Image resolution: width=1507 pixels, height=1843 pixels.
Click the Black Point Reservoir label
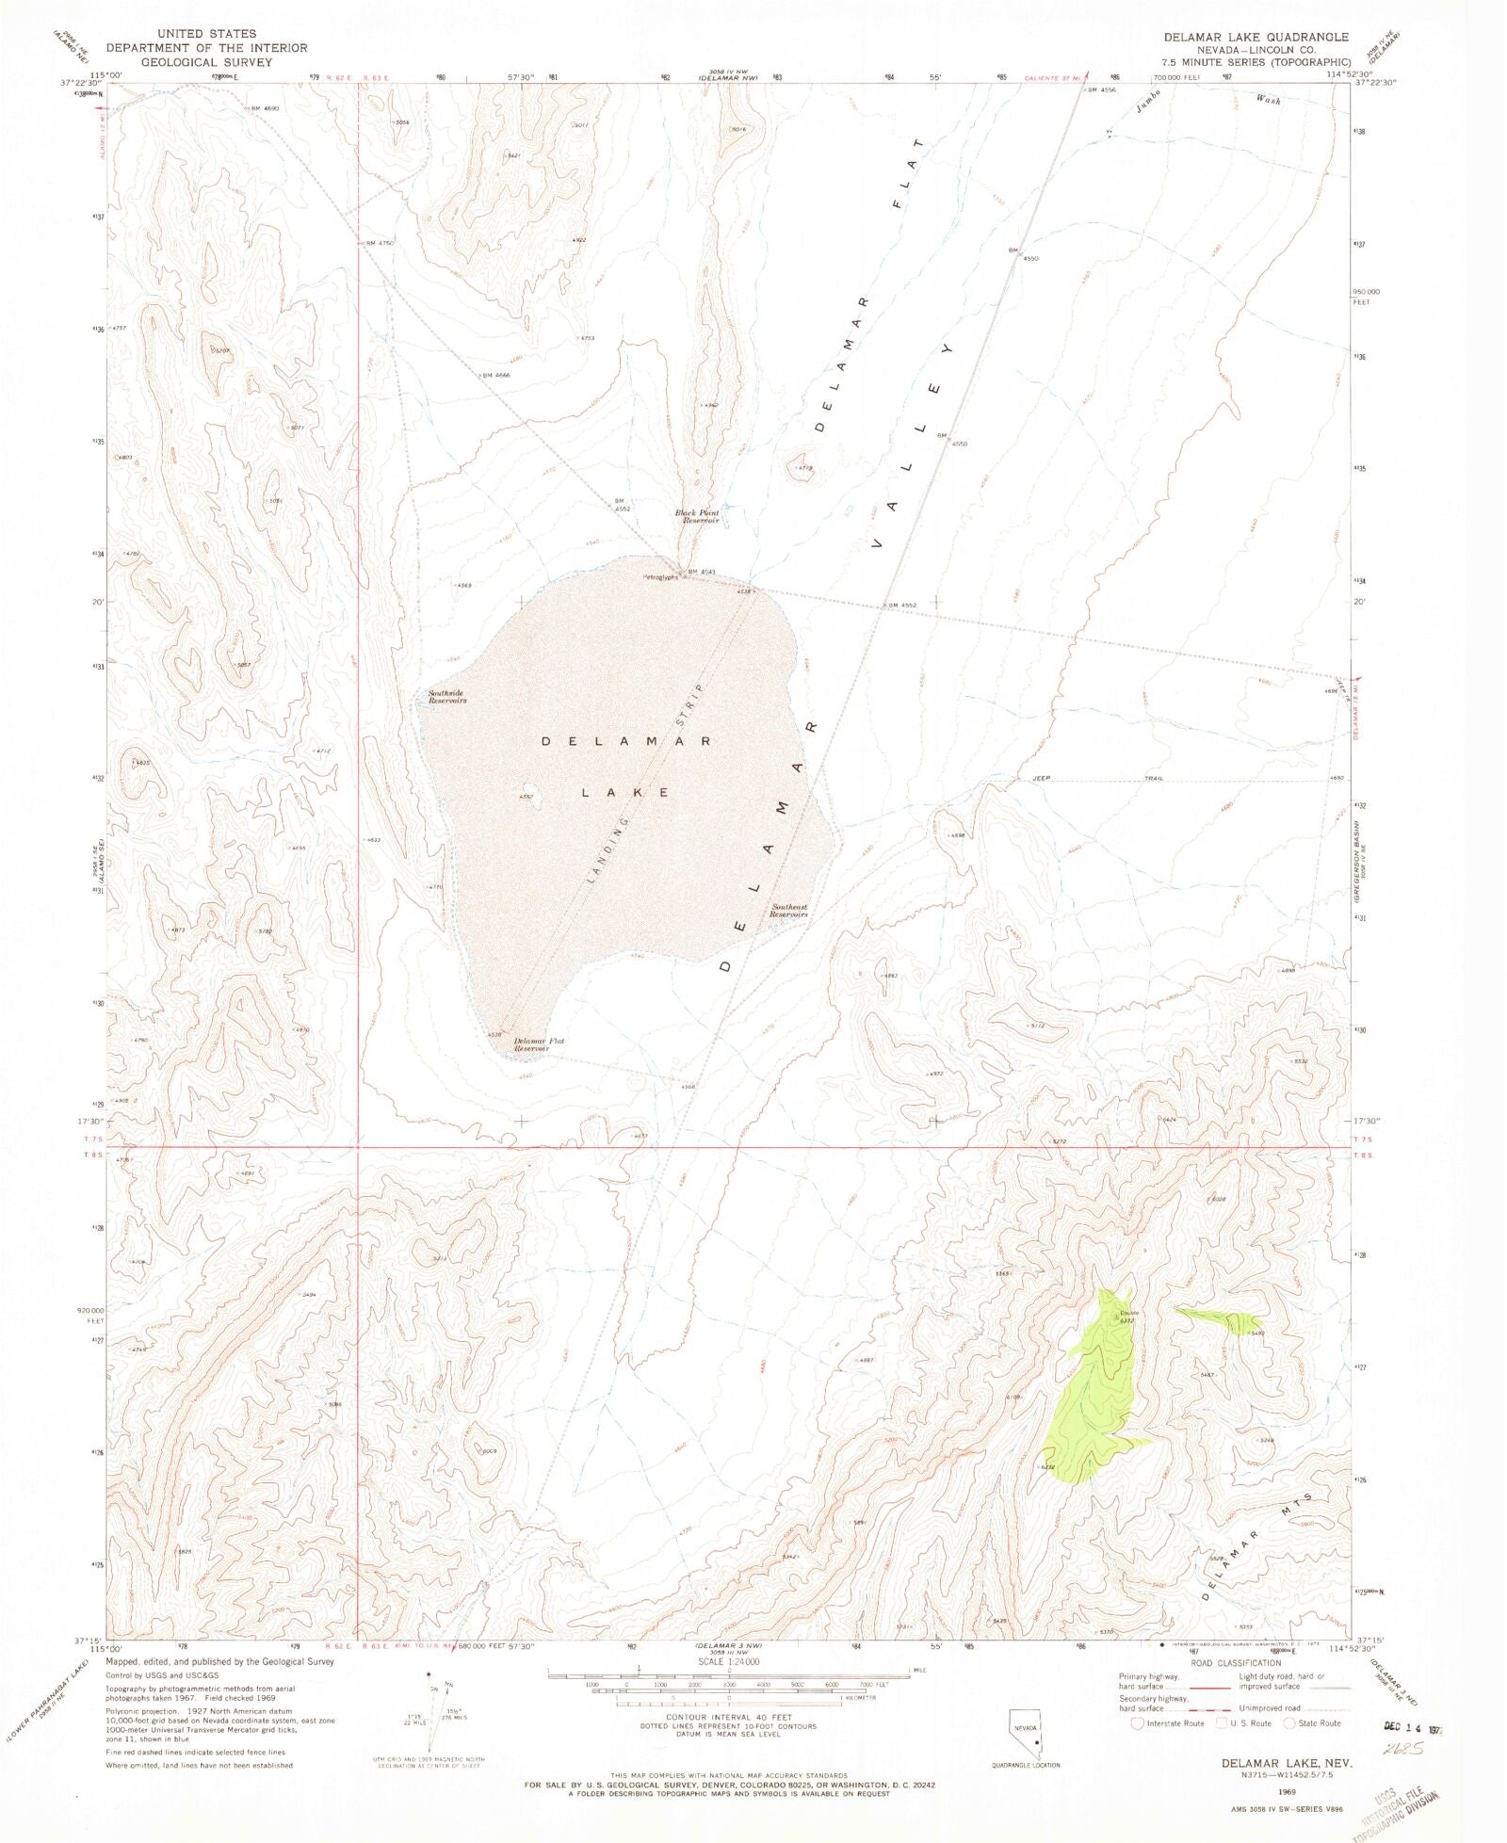pyautogui.click(x=697, y=516)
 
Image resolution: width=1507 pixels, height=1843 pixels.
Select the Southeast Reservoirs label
pyautogui.click(x=788, y=911)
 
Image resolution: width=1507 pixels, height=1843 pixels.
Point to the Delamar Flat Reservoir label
pyautogui.click(x=539, y=1043)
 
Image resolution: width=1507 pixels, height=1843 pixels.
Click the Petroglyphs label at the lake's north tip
pyautogui.click(x=660, y=577)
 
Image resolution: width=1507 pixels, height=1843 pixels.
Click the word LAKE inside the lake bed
pyautogui.click(x=625, y=792)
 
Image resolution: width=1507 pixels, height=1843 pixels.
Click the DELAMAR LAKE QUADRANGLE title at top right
pyautogui.click(x=1256, y=37)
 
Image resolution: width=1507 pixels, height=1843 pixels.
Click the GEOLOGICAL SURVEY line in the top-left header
pyautogui.click(x=206, y=62)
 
